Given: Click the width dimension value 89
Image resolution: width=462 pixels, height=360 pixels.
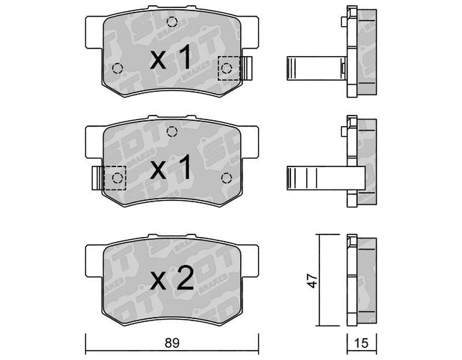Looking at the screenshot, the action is [x=172, y=343].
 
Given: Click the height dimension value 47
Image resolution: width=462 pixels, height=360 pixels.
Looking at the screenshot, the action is [x=312, y=280].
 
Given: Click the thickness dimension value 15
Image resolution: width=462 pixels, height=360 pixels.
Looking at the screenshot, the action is [x=362, y=343].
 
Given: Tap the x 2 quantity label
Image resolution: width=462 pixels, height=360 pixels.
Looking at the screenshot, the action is [x=172, y=278].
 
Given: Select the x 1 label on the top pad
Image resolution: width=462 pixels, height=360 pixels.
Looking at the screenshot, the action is [x=171, y=59].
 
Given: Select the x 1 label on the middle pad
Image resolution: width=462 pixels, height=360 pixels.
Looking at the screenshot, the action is [x=171, y=168].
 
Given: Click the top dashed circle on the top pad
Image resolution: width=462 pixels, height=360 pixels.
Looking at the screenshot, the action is [x=172, y=21].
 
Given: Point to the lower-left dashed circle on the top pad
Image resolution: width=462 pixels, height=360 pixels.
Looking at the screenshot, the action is [x=117, y=68].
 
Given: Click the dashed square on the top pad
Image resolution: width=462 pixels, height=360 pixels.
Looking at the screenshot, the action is [x=229, y=68].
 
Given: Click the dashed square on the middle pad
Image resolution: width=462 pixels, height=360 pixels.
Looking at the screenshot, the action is [x=115, y=178].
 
